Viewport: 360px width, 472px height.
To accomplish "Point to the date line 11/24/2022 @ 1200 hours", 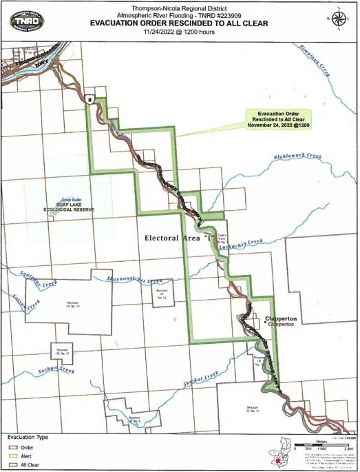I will (x=180, y=32).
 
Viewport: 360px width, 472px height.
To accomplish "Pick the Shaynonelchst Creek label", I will (x=134, y=280).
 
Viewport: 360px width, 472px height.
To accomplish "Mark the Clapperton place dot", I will (x=264, y=320).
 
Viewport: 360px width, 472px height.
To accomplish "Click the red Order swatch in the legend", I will (x=13, y=447).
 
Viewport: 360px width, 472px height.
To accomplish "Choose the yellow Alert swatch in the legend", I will (x=13, y=456).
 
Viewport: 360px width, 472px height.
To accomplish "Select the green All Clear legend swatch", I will (x=13, y=465).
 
